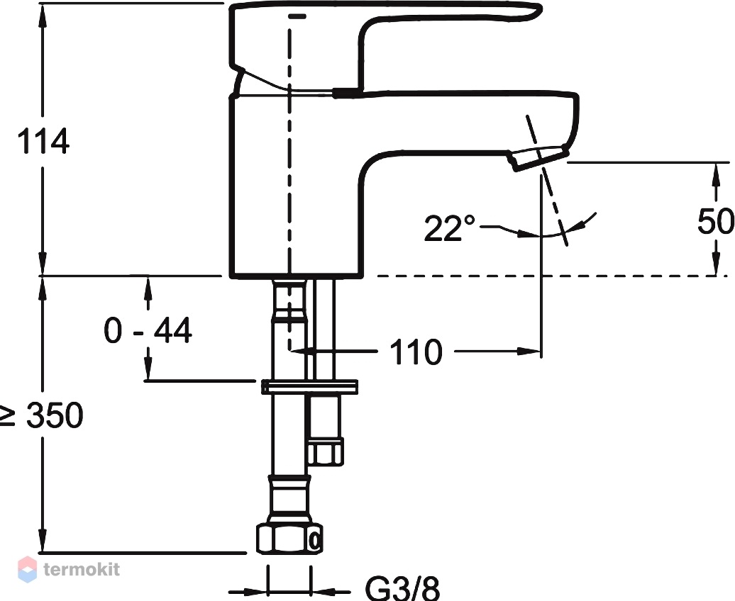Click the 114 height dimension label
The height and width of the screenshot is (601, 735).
pos(43,140)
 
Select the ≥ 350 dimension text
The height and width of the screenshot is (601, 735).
pos(41,415)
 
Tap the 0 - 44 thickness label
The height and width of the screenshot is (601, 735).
pos(148,330)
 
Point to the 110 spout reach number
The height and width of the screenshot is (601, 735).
pos(416,352)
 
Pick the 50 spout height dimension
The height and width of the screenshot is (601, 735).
pos(716,220)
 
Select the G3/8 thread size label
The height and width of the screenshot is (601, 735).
pos(402,588)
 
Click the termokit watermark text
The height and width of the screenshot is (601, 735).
pos(82,569)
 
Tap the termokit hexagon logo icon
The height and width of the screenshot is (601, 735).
pos(27,569)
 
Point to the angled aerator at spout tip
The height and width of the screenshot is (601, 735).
pos(539,158)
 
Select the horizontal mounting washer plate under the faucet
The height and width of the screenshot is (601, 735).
pos(309,387)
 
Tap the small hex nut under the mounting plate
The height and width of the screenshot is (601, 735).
pos(325,451)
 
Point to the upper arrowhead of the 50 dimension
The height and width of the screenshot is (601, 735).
pos(716,174)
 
